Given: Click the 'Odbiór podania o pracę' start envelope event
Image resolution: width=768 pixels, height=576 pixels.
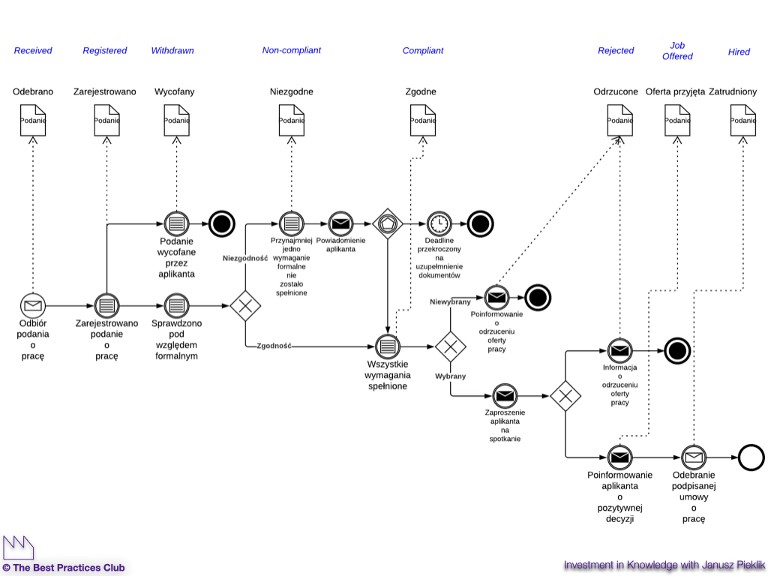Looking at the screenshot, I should pyautogui.click(x=32, y=305).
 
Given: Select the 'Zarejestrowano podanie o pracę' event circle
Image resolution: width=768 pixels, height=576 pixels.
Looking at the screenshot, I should pyautogui.click(x=107, y=305).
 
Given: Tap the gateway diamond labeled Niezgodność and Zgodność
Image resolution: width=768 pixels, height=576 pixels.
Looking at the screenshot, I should pyautogui.click(x=244, y=306).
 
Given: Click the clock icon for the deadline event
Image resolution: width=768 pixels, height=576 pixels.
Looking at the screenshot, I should pyautogui.click(x=439, y=223).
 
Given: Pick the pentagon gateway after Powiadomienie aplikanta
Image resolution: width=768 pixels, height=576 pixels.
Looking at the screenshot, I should pyautogui.click(x=388, y=223).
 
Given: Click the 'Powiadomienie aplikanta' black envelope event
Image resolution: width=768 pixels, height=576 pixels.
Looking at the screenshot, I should pyautogui.click(x=340, y=223).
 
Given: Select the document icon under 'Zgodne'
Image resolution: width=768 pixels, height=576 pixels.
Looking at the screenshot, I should pyautogui.click(x=423, y=121).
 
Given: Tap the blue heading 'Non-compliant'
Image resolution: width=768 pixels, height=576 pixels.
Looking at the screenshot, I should pyautogui.click(x=291, y=50).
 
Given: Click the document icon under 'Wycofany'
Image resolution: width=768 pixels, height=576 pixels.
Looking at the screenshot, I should pyautogui.click(x=176, y=121).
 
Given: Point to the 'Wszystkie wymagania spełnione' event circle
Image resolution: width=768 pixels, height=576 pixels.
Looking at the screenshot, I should pyautogui.click(x=388, y=346).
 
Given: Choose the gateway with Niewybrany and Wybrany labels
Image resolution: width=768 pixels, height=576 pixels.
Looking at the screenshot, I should pyautogui.click(x=450, y=346).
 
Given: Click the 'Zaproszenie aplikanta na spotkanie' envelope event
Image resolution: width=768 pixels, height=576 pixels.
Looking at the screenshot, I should pyautogui.click(x=505, y=395).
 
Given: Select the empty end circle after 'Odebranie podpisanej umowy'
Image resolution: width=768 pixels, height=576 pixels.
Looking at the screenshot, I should pyautogui.click(x=751, y=457).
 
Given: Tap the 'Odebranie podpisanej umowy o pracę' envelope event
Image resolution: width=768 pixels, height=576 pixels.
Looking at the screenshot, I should pyautogui.click(x=694, y=457).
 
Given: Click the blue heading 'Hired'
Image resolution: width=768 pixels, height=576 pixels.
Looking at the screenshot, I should pyautogui.click(x=739, y=52).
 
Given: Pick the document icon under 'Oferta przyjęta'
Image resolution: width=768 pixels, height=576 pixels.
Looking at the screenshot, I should pyautogui.click(x=677, y=121).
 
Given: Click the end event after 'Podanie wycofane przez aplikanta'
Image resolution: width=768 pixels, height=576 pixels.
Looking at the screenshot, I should pyautogui.click(x=221, y=223).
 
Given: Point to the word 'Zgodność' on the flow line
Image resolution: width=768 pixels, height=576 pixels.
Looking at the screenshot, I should pyautogui.click(x=274, y=346).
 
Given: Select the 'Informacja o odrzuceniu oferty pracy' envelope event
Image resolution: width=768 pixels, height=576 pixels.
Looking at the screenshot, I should pyautogui.click(x=619, y=349).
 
